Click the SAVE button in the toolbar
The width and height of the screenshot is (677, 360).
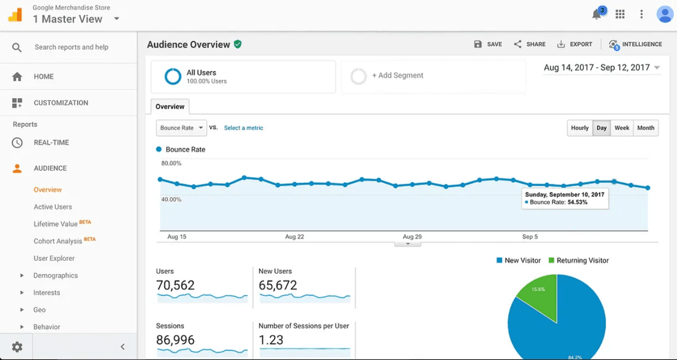pyautogui.click(x=488, y=44)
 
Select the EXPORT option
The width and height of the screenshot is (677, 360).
pyautogui.click(x=575, y=44)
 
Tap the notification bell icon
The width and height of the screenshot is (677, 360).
pyautogui.click(x=597, y=15)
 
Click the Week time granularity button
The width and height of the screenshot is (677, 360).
pyautogui.click(x=622, y=128)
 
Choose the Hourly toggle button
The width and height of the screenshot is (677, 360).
pyautogui.click(x=579, y=128)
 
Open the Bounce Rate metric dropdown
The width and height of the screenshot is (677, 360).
pyautogui.click(x=181, y=128)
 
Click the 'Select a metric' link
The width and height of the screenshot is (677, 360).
pyautogui.click(x=243, y=128)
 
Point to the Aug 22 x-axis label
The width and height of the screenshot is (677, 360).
pyautogui.click(x=294, y=237)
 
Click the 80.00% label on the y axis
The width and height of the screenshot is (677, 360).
pyautogui.click(x=171, y=164)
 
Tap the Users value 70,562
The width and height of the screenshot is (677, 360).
pyautogui.click(x=175, y=286)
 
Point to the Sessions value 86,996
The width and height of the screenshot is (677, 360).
pyautogui.click(x=175, y=340)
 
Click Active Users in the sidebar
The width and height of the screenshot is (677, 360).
pyautogui.click(x=52, y=207)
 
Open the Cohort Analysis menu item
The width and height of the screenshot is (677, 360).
pyautogui.click(x=58, y=242)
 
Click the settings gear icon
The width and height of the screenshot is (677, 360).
pyautogui.click(x=17, y=347)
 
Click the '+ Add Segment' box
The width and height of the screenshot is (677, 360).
pyautogui.click(x=433, y=76)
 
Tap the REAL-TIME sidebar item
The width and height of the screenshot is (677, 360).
pyautogui.click(x=51, y=143)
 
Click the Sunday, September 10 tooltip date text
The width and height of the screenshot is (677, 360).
pyautogui.click(x=564, y=195)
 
